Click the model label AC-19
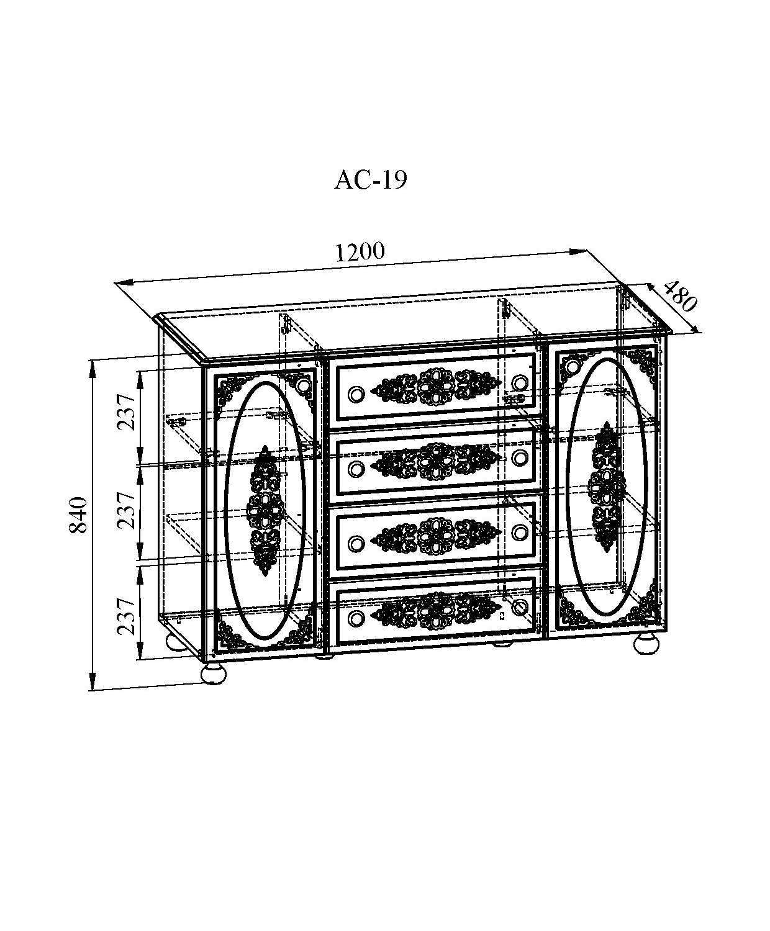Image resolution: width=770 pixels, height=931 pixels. click(x=371, y=180)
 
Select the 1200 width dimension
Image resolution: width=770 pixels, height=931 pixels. click(x=360, y=251)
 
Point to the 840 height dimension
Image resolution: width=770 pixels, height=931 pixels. click(x=78, y=515)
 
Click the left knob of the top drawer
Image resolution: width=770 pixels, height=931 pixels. click(x=356, y=394)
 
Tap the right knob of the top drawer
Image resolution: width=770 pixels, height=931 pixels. click(x=519, y=382)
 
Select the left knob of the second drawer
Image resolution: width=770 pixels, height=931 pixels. click(x=356, y=469)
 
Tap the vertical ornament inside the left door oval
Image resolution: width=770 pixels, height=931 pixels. click(x=266, y=511)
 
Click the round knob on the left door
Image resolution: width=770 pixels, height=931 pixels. click(x=305, y=385)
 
